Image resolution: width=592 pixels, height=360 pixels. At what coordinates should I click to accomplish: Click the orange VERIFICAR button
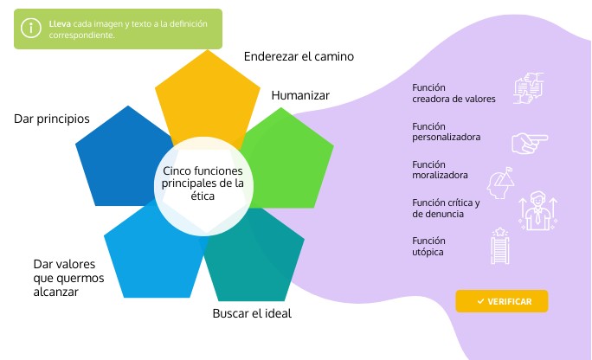coord(502,301)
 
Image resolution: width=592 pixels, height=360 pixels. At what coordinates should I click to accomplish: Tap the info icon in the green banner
coord(31,29)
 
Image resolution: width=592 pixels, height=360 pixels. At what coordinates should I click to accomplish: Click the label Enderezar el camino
coord(299,57)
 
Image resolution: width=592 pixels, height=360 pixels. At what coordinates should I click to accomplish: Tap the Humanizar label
coord(300,95)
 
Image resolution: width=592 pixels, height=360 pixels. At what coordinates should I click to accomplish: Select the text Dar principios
coord(51,118)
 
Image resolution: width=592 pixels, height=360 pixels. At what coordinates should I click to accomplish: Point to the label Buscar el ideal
coord(252,313)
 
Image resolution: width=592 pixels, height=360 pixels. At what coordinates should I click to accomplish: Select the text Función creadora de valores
coord(454,93)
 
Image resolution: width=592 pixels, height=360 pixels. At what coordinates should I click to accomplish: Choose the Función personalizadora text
coord(447,132)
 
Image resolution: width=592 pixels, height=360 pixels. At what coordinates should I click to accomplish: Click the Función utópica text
coord(428,246)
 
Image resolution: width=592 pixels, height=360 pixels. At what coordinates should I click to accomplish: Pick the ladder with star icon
coord(500,245)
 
